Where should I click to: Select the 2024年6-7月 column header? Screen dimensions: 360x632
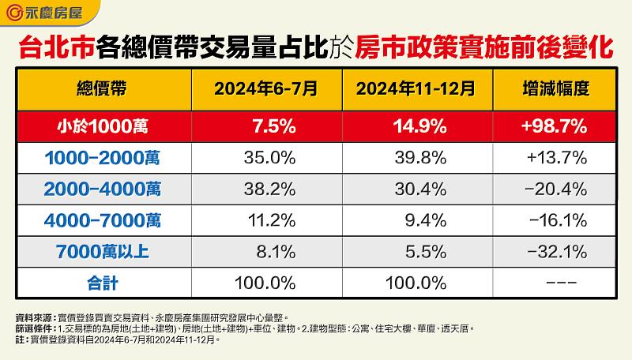click(264, 88)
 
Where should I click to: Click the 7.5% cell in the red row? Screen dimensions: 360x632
click(264, 125)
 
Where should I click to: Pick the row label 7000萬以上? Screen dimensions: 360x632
click(103, 253)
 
